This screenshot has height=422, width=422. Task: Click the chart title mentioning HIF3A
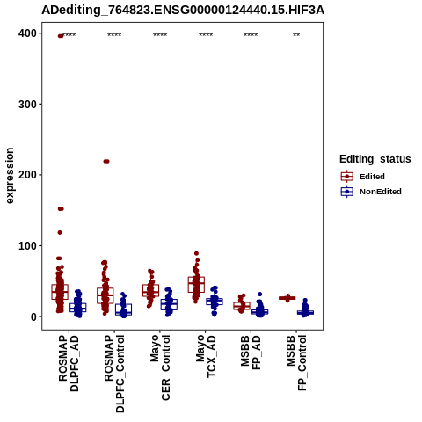point(183,11)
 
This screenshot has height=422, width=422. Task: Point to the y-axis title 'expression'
point(10,176)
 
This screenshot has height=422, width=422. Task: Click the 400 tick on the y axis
point(27,33)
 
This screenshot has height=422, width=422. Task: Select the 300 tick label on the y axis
point(27,105)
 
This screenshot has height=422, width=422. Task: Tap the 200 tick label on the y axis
point(27,175)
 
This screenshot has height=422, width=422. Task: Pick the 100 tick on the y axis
point(27,245)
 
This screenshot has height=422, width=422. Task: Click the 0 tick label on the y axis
point(34,316)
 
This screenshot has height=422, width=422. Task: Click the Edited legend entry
point(363,177)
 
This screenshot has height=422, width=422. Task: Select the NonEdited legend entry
point(371,192)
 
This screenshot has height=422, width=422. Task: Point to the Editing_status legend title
point(375,159)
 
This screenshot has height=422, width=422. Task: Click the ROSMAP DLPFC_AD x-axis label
point(69,363)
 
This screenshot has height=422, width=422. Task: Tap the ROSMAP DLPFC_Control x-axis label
point(114,374)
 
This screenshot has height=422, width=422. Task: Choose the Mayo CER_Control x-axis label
point(160,367)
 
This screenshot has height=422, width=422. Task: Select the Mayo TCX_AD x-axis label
point(206,356)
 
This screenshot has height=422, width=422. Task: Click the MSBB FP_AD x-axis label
point(251,353)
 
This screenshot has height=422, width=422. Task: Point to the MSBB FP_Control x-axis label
point(296,363)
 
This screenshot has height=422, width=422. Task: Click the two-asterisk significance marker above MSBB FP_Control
point(296,34)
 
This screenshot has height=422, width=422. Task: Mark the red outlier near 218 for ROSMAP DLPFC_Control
point(106,161)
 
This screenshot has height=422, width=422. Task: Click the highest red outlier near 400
point(61,36)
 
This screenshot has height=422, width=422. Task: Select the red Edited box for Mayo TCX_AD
point(196,284)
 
